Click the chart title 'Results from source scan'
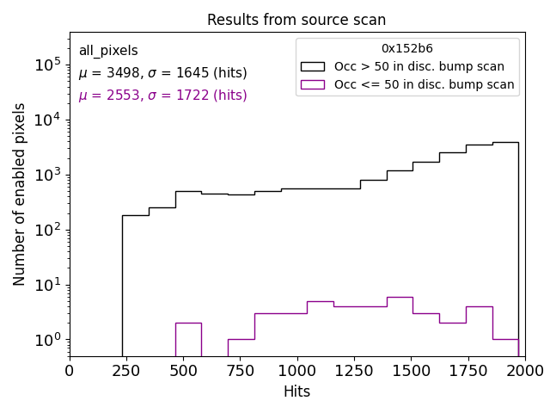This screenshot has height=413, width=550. click(296, 20)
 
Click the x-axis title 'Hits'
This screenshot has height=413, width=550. click(296, 391)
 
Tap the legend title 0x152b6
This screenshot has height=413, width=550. click(407, 49)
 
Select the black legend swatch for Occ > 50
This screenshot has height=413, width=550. click(313, 66)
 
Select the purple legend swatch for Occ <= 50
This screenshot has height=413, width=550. click(313, 84)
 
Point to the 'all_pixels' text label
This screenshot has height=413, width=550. click(108, 51)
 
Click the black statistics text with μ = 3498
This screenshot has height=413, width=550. click(162, 73)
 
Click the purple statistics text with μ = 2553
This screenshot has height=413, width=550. click(162, 96)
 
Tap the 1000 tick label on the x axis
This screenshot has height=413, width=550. click(296, 370)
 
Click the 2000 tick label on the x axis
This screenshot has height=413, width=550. click(524, 370)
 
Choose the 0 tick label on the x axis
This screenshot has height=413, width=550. click(70, 370)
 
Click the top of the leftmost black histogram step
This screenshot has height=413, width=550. click(136, 215)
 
